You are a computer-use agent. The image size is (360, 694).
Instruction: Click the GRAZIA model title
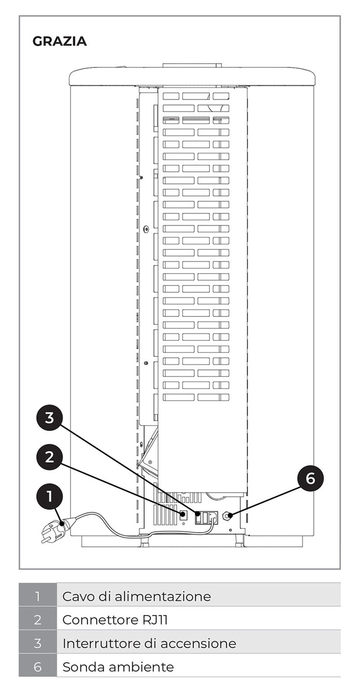click(x=59, y=41)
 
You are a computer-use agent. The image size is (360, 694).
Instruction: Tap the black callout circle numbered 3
click(x=50, y=418)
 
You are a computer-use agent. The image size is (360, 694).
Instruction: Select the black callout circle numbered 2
click(x=50, y=457)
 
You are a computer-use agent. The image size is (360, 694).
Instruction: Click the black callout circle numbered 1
click(x=50, y=496)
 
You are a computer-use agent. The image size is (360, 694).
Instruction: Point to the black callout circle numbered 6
click(x=310, y=478)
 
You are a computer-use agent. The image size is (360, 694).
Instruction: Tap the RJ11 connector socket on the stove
click(x=183, y=515)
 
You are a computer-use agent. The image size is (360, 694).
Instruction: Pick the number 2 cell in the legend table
click(x=38, y=620)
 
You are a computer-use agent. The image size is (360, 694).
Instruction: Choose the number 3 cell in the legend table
click(x=38, y=643)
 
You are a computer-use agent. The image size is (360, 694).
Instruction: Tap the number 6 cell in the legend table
click(x=38, y=667)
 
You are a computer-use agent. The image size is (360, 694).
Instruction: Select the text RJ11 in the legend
click(x=155, y=620)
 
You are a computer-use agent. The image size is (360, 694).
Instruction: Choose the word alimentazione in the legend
click(x=163, y=596)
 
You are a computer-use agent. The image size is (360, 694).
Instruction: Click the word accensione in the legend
click(x=198, y=644)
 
